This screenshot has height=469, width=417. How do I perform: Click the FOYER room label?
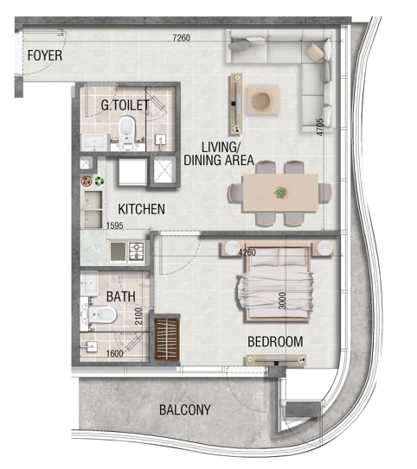tap(45, 55)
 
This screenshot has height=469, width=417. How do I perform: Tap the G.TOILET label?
tap(125, 105)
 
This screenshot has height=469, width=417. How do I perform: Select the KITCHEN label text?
tap(141, 209)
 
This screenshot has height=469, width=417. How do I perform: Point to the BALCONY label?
tap(185, 409)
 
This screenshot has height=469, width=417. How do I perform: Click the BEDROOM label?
tap(275, 341)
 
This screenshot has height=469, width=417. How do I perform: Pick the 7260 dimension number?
tap(182, 38)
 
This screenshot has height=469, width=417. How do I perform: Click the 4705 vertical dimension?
tap(320, 127)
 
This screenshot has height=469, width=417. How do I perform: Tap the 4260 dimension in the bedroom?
tap(247, 252)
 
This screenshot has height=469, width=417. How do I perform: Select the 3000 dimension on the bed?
tap(282, 301)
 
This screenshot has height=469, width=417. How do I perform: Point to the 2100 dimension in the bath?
tap(138, 316)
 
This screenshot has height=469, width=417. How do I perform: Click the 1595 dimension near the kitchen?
tap(115, 225)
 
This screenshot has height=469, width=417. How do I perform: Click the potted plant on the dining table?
tap(280, 192)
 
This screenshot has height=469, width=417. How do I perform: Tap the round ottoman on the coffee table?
tap(262, 100)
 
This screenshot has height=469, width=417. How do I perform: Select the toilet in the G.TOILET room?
tap(126, 131)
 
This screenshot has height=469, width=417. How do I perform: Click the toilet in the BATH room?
tap(101, 314)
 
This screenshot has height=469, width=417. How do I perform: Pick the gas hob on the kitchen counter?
tap(137, 251)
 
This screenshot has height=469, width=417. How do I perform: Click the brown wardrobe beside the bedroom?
tap(167, 339)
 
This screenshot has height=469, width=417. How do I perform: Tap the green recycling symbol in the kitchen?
tap(99, 181)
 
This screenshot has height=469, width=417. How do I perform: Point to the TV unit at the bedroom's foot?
tap(276, 360)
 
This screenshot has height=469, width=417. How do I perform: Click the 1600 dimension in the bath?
tap(115, 353)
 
